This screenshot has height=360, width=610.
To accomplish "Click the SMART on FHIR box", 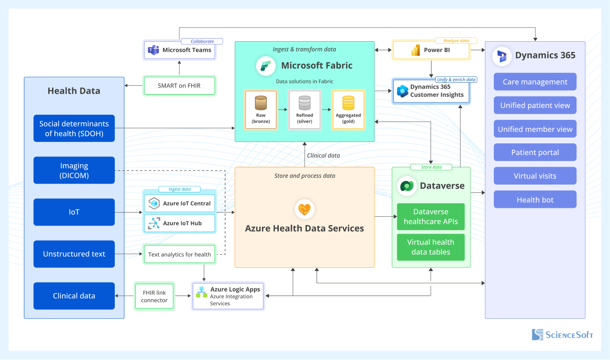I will click(179, 86).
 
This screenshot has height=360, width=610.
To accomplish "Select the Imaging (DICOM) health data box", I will click(74, 170).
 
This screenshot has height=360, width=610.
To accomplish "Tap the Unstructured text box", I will click(74, 254).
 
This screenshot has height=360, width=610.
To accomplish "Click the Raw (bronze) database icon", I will click(260, 103).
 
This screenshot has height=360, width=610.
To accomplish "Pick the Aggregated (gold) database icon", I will click(348, 103).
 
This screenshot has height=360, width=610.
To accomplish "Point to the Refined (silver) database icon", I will click(305, 103).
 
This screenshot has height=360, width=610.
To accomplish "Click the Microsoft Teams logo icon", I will click(153, 50).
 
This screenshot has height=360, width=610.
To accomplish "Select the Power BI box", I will click(431, 50).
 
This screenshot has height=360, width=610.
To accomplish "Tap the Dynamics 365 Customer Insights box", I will click(431, 91).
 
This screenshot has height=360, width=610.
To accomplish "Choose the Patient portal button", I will click(535, 153).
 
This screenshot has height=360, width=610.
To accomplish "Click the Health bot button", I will click(535, 200).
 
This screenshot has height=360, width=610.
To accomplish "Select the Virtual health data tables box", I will click(431, 247).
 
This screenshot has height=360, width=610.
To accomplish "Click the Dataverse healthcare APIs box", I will click(431, 217).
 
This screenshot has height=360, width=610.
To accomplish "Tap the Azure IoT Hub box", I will click(180, 223).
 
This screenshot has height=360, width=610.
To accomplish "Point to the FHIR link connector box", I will click(154, 296).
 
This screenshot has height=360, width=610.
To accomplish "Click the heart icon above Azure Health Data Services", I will click(305, 209).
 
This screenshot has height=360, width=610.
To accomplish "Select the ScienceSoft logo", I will click(562, 334).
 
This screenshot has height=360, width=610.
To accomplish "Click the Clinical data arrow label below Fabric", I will click(323, 155).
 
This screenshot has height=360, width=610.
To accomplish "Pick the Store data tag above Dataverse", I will click(431, 167).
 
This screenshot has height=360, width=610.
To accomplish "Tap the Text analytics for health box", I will click(179, 255).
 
